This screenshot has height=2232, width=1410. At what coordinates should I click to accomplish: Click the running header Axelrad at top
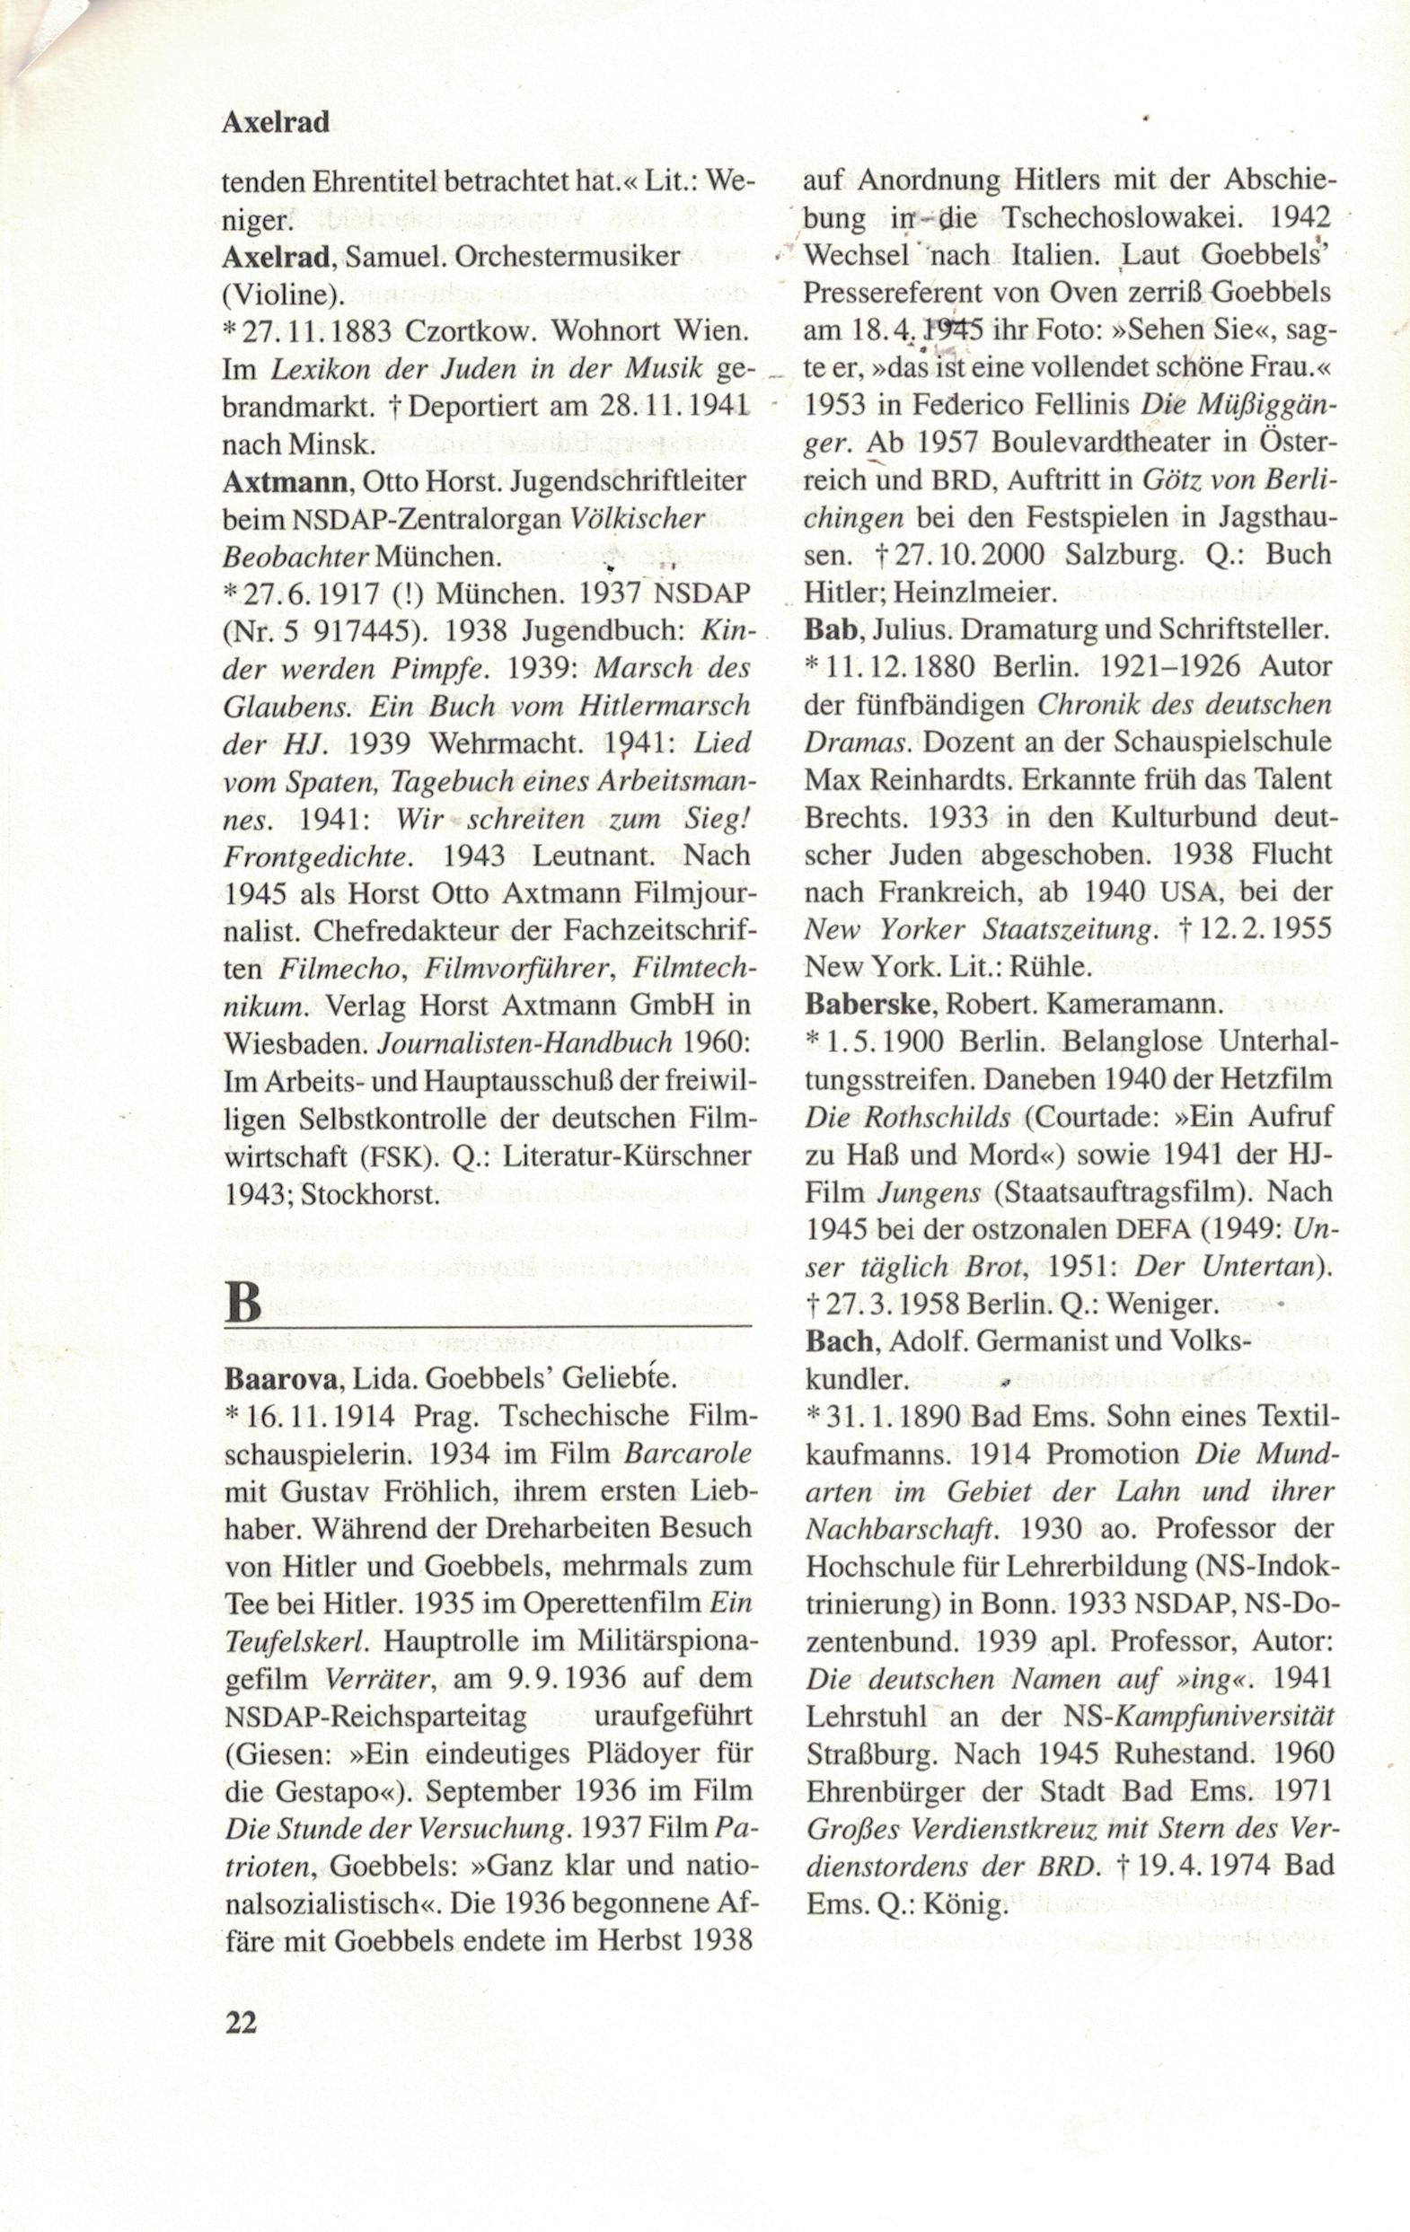[x=276, y=122]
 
